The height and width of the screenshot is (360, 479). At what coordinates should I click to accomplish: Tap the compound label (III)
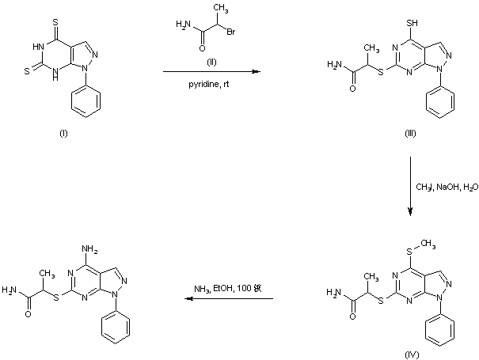point(409,133)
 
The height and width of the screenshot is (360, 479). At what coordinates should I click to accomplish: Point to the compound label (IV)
point(409,345)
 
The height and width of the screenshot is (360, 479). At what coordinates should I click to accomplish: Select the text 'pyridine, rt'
point(212,81)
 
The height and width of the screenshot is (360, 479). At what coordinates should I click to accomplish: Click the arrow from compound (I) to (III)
point(212,71)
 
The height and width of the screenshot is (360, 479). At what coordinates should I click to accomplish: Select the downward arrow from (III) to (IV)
point(410,186)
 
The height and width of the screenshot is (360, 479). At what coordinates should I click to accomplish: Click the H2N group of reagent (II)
point(181,27)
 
